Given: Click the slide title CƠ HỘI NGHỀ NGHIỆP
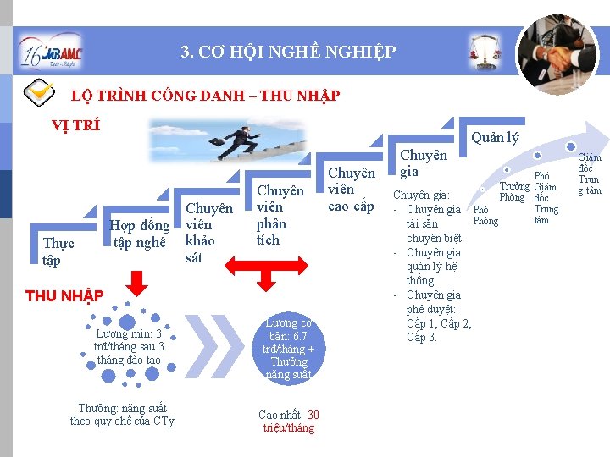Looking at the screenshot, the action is [288, 52].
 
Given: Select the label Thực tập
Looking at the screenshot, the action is [58, 251].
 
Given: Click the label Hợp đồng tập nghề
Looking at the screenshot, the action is [140, 234].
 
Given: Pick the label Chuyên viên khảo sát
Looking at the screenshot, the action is [208, 233].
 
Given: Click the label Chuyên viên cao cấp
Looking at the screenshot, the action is [351, 190].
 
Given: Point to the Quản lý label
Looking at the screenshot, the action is [495, 137].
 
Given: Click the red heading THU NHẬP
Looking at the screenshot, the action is [64, 295].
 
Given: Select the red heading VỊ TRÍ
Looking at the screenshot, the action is [75, 125].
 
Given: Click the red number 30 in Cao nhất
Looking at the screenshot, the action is [313, 415].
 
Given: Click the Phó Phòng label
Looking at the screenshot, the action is [485, 215].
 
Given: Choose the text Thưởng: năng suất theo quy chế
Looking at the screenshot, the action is [122, 414].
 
